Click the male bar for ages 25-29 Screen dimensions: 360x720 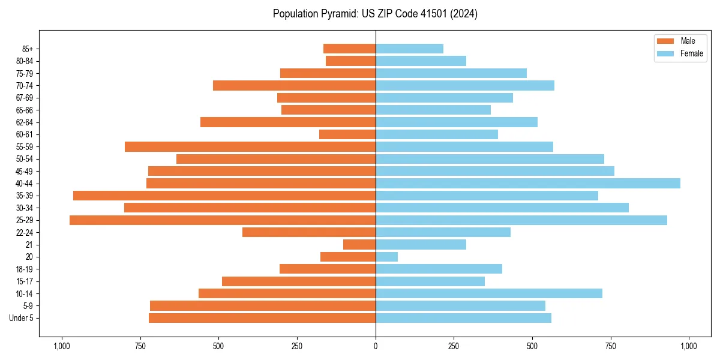tap(223, 220)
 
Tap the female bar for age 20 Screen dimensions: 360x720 tap(386, 257)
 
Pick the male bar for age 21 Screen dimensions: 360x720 tap(359, 245)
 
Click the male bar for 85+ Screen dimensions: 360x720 tap(349, 49)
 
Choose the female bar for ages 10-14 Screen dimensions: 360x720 tap(489, 293)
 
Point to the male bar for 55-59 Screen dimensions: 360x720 tap(250, 146)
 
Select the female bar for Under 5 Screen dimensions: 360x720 tap(463, 318)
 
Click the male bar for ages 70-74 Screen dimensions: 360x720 tap(294, 85)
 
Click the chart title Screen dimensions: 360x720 tap(375, 14)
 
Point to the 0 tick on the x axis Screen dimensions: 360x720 tap(376, 346)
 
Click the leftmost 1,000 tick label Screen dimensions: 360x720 tap(62, 346)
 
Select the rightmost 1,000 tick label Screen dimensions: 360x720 tap(689, 346)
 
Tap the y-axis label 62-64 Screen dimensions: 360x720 tap(25, 122)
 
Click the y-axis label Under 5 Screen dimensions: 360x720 tap(22, 318)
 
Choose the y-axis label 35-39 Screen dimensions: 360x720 tap(25, 196)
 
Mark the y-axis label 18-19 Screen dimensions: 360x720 tap(25, 269)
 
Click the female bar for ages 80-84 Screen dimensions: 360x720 tap(421, 61)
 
